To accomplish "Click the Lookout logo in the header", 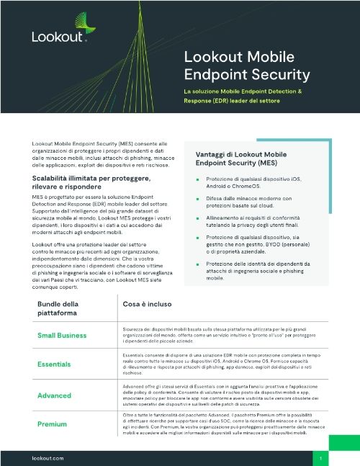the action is [x=58, y=35].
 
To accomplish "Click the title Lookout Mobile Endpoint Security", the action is [x=247, y=66].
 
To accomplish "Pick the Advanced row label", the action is [x=55, y=395].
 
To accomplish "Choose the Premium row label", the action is [x=53, y=424].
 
